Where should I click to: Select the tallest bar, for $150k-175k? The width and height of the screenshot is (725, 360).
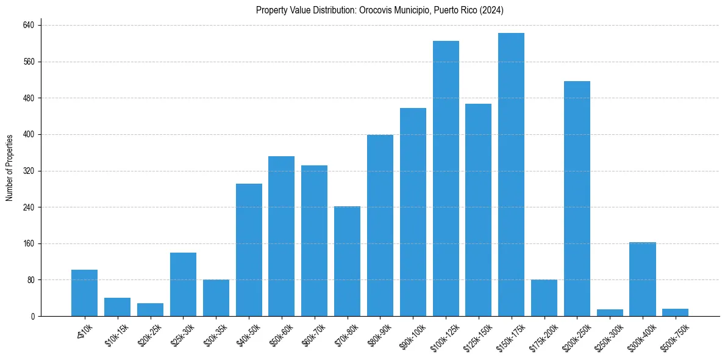[x=511, y=175]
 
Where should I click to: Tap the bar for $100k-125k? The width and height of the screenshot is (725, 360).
[x=446, y=178]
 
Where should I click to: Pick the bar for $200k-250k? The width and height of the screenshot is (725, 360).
[x=577, y=198]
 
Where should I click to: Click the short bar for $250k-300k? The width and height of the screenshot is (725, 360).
[x=610, y=312]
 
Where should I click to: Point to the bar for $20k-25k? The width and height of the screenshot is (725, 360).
[x=150, y=309]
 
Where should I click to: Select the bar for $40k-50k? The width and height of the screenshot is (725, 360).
[x=249, y=250]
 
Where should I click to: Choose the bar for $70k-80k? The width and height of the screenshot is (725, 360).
[x=347, y=261]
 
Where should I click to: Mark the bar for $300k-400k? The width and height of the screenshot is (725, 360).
[x=643, y=279]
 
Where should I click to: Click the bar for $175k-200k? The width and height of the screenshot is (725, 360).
[x=544, y=298]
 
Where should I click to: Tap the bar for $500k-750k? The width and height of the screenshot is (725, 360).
[x=675, y=312]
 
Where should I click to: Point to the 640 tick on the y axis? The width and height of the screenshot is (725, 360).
[x=29, y=25]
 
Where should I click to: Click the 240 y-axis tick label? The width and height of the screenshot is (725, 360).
[x=29, y=207]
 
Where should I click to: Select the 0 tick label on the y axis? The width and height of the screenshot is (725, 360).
[x=34, y=317]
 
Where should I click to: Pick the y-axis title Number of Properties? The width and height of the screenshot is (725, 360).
[x=10, y=167]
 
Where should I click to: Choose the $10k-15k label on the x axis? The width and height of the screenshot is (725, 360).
[x=116, y=335]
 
